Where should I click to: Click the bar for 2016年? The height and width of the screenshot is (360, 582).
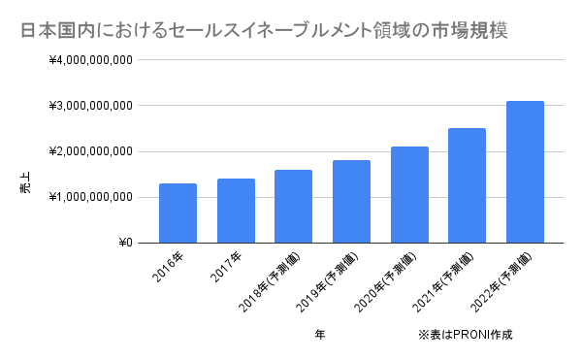click(x=178, y=213)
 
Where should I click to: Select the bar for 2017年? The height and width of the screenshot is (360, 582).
click(x=236, y=211)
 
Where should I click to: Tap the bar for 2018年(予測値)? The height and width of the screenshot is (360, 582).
click(x=293, y=207)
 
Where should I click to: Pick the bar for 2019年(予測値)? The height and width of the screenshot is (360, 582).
click(x=351, y=202)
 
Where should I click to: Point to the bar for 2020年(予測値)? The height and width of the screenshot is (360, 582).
click(x=409, y=195)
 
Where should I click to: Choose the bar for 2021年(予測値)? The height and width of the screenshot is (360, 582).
click(x=467, y=185)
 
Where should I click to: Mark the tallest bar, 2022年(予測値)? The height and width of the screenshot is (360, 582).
click(x=525, y=172)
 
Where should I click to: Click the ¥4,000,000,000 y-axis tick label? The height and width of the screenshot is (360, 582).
click(x=90, y=60)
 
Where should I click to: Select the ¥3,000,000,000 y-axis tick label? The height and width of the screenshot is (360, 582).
click(x=90, y=106)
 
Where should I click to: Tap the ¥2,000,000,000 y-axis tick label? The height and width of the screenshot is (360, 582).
click(x=90, y=151)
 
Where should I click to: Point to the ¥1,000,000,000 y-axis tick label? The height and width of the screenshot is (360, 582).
click(x=90, y=197)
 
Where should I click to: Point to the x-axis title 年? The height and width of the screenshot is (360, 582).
click(x=320, y=335)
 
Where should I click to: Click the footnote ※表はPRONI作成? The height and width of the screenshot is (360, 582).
click(x=465, y=335)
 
